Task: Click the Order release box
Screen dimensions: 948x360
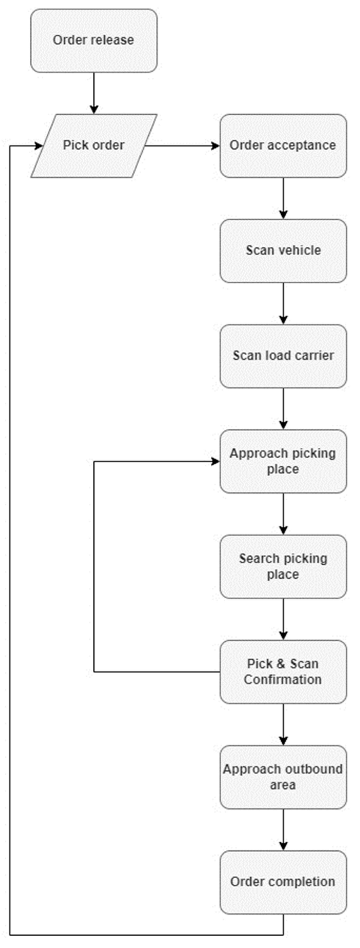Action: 94,41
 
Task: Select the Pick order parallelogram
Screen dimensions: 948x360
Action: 94,145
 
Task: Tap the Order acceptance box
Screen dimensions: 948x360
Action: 283,145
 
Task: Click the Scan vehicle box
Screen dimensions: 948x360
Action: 283,251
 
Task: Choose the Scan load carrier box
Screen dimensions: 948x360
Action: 283,356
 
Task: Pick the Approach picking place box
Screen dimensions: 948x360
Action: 283,461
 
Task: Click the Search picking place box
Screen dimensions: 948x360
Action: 283,566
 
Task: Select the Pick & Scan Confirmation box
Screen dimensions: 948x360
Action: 283,672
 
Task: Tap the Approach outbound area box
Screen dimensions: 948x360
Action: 283,777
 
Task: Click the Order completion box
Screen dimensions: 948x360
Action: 283,882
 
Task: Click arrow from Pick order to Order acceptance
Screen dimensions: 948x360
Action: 182,146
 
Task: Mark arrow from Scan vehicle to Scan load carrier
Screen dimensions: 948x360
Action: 283,303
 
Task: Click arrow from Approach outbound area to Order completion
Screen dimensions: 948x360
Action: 283,830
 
